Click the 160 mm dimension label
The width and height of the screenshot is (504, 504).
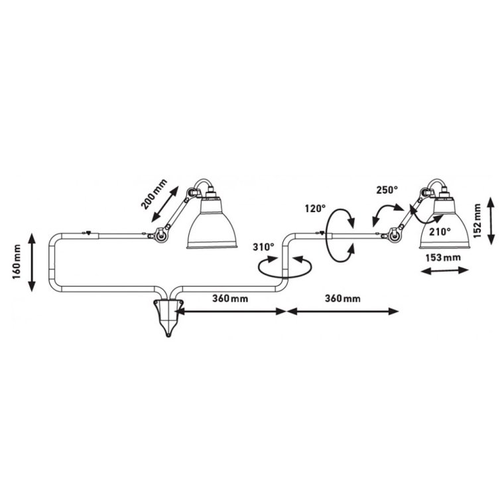tap(18, 261)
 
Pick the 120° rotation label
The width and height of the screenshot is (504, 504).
tap(315, 208)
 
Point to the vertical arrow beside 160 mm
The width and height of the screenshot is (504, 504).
tap(32, 262)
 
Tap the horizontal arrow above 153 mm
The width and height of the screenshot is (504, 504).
tap(444, 271)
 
